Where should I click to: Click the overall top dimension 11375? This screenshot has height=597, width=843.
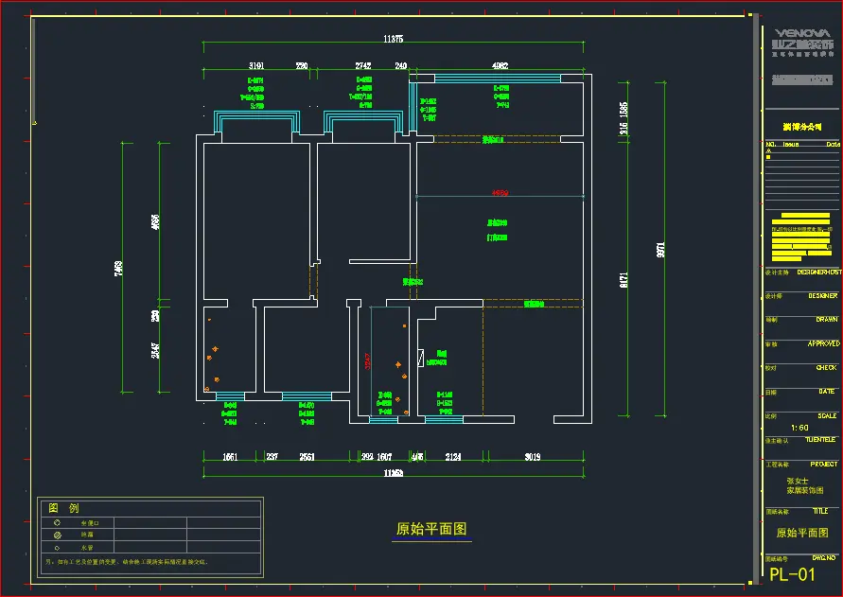394,39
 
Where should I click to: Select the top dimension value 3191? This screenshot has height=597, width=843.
256,66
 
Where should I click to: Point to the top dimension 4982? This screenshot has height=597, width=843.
501,66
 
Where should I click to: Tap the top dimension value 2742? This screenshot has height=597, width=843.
363,66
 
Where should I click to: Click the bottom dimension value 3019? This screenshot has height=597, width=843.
533,457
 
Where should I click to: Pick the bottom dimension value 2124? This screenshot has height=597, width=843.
453,457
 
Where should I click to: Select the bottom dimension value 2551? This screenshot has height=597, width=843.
307,457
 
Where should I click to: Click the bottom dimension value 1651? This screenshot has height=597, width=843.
230,457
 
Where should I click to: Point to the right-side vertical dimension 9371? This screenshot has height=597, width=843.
660,250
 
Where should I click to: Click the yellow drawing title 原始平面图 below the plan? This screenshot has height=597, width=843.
431,529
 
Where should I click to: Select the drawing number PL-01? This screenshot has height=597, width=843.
792,574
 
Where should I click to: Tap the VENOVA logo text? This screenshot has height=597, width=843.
799,31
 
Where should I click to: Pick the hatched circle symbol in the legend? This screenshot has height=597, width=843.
57,535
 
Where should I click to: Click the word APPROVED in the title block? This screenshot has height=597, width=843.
823,343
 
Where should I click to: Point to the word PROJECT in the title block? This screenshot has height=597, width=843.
824,465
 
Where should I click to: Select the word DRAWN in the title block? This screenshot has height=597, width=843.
827,320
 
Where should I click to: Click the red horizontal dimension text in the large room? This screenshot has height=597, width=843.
500,193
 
